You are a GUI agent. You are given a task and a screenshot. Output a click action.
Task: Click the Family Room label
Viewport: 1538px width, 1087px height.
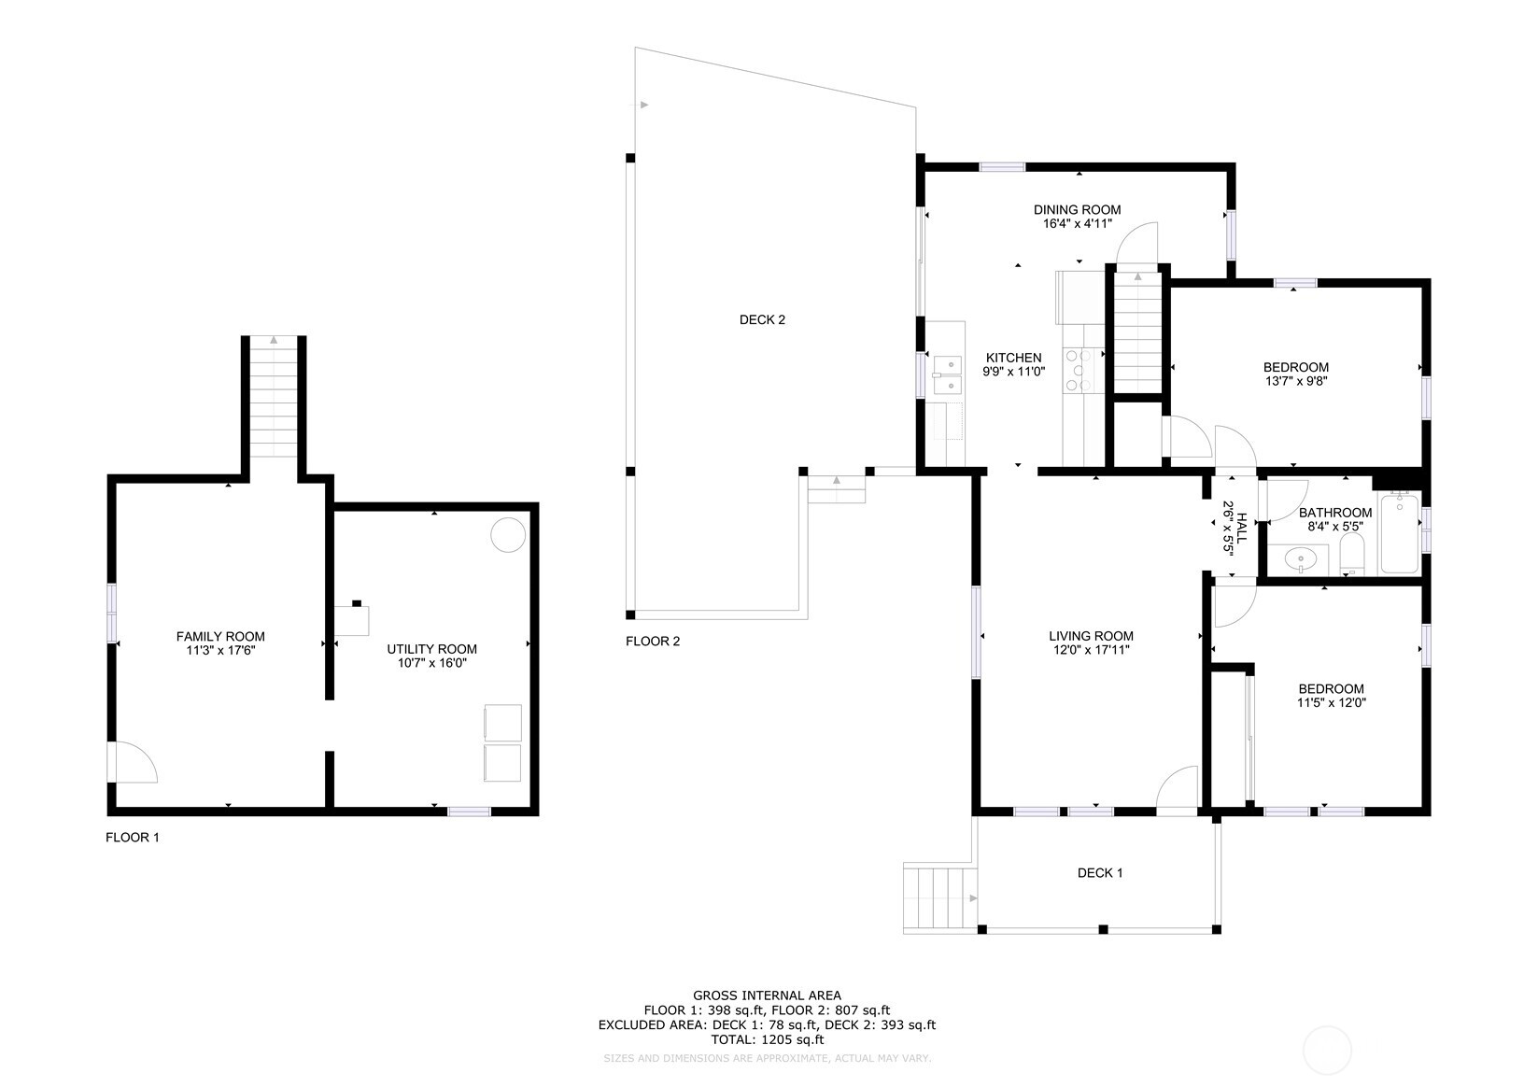click(220, 637)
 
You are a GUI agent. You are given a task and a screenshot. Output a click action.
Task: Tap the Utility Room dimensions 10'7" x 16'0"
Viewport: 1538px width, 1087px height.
click(431, 663)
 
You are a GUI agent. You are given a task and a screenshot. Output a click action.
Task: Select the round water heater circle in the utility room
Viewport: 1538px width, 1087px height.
click(509, 535)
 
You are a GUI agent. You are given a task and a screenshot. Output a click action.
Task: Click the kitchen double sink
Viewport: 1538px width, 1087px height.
click(948, 374)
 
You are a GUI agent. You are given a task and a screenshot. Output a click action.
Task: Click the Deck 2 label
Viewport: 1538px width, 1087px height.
click(762, 320)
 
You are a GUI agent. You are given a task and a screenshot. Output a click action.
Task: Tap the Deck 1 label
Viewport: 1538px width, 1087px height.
click(1100, 873)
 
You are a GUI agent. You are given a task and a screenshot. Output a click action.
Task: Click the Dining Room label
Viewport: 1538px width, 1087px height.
click(1077, 210)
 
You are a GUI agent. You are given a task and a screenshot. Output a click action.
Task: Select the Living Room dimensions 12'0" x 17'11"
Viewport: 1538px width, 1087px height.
click(1090, 650)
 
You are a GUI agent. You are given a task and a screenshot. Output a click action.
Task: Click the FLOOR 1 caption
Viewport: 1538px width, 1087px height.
click(133, 838)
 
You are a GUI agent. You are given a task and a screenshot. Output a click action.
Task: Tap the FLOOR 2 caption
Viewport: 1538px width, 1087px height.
click(653, 642)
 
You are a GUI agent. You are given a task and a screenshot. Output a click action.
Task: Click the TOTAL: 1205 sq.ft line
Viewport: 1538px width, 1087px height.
click(767, 1039)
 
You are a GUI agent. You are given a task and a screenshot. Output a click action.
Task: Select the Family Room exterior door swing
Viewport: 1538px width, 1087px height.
click(132, 762)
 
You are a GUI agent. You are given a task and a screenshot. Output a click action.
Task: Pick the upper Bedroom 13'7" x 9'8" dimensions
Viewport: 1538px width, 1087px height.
click(1295, 381)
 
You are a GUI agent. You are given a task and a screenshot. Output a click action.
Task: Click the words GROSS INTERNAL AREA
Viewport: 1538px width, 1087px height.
click(767, 995)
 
